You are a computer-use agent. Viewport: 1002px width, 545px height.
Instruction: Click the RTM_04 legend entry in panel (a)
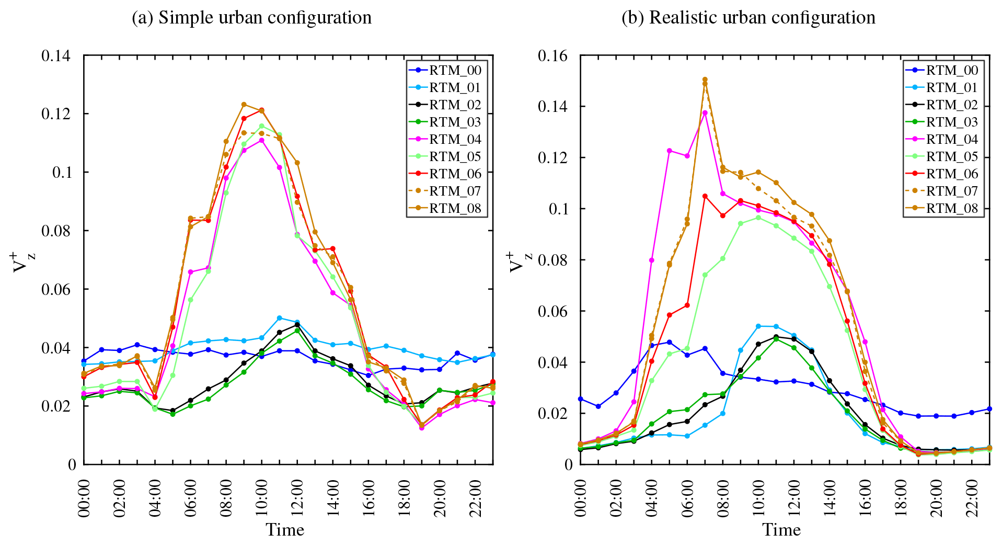(455, 140)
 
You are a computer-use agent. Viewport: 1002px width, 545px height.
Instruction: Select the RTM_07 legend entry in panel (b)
(951, 191)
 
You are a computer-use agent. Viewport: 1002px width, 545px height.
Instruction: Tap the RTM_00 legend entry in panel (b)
(951, 71)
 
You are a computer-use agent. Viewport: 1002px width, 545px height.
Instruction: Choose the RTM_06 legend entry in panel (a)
(455, 174)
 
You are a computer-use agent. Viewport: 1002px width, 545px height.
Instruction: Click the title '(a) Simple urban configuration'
(251, 18)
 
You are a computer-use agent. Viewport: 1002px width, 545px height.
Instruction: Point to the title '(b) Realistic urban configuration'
(748, 18)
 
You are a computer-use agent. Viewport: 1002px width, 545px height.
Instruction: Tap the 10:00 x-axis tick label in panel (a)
(262, 498)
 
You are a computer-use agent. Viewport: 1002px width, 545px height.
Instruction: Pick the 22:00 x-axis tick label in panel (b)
(972, 498)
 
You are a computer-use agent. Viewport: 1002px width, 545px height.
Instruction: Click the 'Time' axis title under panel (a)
(285, 530)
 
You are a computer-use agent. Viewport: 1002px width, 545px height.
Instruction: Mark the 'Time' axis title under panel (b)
(781, 530)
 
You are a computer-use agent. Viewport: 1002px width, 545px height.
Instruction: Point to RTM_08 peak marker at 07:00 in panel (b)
(705, 80)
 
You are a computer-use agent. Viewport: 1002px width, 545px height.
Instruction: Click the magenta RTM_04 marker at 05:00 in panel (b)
(669, 151)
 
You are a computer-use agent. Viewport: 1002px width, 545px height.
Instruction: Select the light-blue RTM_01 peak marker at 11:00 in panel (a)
(279, 318)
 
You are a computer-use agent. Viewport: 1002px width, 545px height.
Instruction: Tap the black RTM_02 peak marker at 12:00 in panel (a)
(297, 325)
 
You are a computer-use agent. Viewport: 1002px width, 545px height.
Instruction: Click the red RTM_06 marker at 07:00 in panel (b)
(705, 196)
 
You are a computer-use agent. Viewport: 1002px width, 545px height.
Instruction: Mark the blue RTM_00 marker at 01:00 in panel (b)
(598, 406)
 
